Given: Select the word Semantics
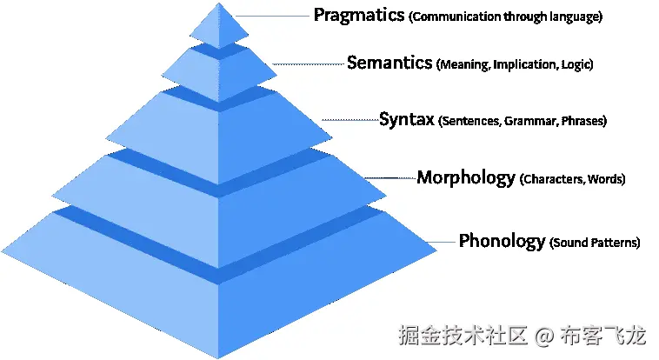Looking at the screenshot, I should (389, 63).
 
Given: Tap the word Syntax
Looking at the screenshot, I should (406, 119).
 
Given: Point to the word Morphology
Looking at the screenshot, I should (466, 177).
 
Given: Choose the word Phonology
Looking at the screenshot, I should (502, 241).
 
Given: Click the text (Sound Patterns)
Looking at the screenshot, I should (595, 243).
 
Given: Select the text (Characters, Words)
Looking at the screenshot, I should (572, 180).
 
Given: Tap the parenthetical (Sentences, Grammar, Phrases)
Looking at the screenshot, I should (523, 121).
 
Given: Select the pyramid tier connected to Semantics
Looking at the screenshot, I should (219, 70).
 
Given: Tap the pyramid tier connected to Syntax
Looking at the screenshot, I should (219, 122).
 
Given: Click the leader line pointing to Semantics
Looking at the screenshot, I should (310, 63).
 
